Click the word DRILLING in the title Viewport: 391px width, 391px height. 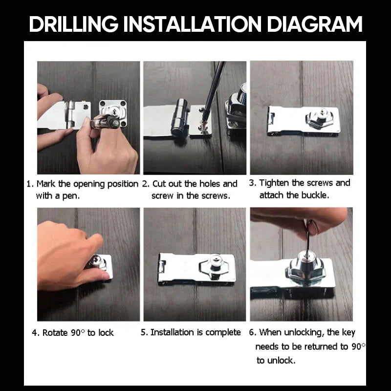74,24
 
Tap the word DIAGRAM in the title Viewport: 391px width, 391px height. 314,24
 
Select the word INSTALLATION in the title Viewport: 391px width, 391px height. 192,24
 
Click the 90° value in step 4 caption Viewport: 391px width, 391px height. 78,332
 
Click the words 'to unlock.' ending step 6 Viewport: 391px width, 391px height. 276,360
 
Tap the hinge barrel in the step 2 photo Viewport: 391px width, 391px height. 179,117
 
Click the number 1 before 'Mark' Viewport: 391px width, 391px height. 29,184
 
